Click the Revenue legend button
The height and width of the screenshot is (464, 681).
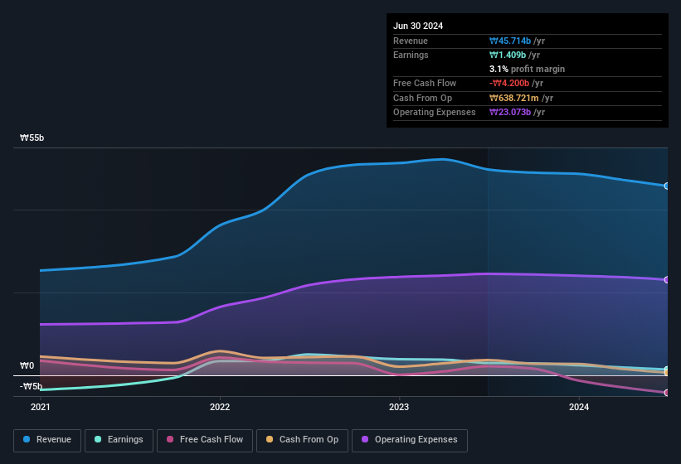point(47,439)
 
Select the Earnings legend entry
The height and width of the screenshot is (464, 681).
point(119,439)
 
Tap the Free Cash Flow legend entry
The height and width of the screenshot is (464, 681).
point(205,439)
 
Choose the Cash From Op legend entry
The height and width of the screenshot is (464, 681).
point(302,439)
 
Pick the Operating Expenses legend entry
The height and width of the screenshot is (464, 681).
point(409,439)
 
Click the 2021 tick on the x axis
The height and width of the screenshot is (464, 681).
point(41,407)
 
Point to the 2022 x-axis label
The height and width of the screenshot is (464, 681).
point(220,407)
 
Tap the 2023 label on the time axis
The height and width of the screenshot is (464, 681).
point(399,407)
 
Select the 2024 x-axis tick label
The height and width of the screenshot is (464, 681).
point(579,407)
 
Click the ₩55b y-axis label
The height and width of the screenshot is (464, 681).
point(32,138)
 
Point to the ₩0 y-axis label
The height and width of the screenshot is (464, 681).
point(27,365)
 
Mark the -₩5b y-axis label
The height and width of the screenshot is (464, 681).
point(31,386)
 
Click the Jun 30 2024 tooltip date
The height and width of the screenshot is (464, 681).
point(418,26)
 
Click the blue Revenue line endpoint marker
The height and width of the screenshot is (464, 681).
point(667,186)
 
